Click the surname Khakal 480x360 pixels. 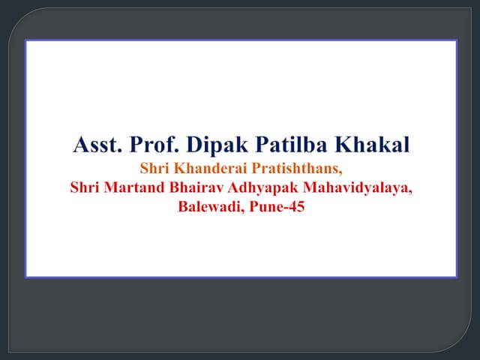(373, 145)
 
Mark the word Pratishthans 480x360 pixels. (295, 169)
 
